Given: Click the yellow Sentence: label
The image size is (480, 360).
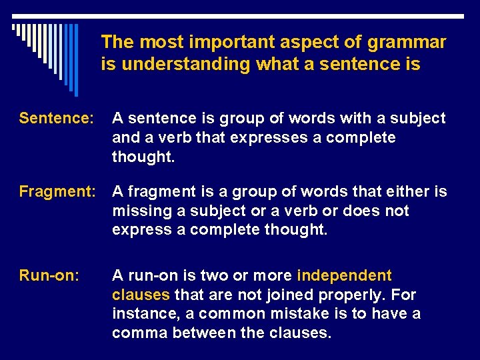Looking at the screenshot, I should tap(56, 119).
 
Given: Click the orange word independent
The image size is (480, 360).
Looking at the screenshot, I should tap(344, 275).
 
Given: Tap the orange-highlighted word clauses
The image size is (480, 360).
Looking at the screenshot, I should tap(141, 295).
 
